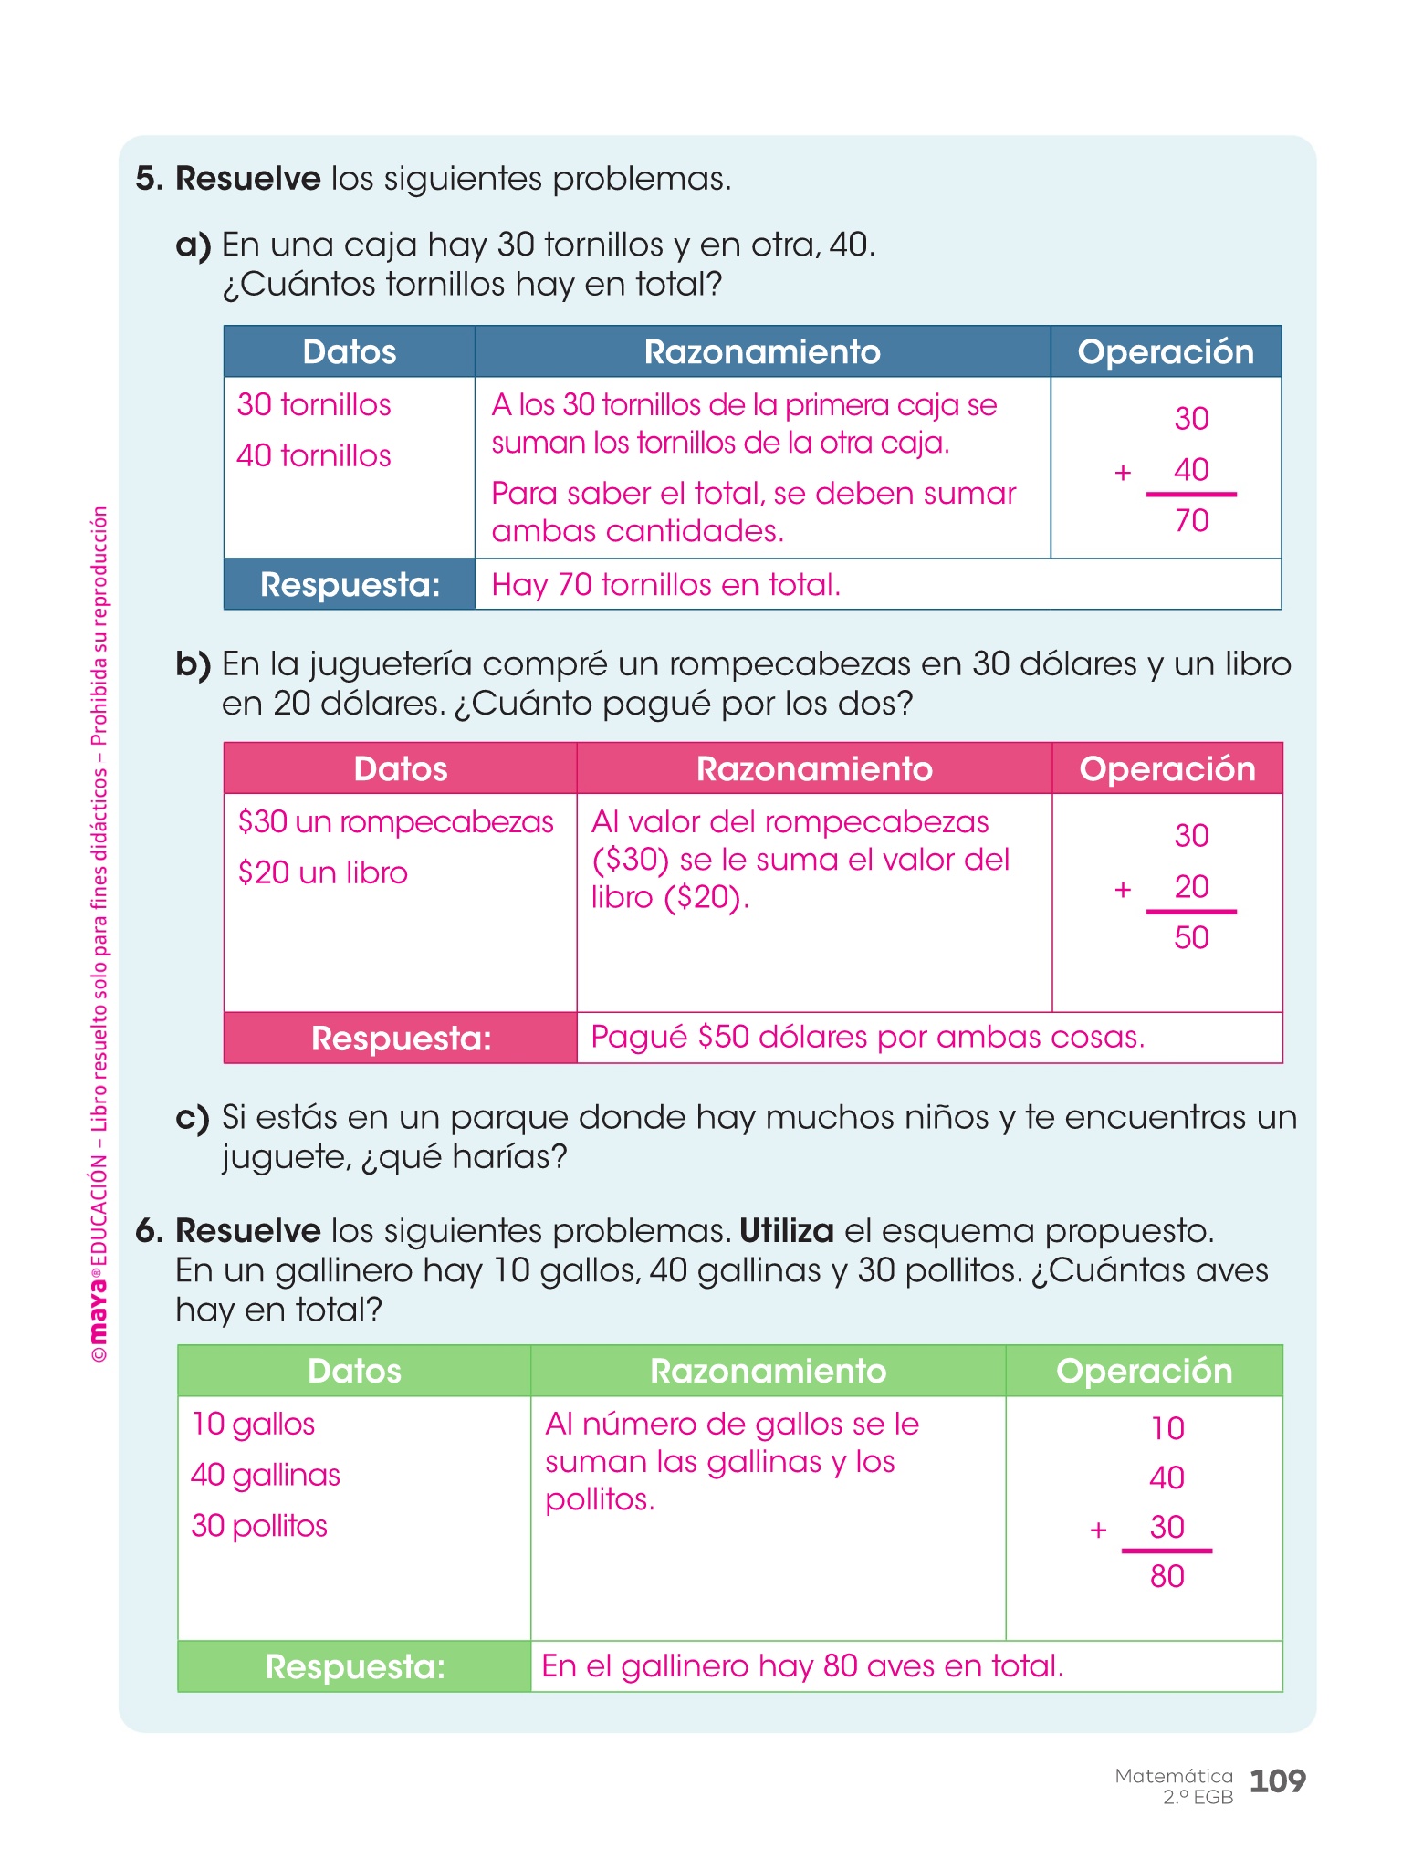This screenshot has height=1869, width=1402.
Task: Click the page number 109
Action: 1277,1780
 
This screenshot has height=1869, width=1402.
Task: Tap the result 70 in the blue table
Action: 1191,521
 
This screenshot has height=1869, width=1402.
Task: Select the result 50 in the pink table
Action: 1191,938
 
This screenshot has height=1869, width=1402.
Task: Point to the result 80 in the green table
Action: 1167,1577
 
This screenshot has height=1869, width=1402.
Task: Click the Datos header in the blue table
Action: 350,352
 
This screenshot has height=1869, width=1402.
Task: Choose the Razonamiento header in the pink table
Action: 814,769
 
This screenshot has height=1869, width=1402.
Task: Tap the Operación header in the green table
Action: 1144,1372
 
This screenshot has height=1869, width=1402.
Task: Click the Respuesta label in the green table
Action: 355,1667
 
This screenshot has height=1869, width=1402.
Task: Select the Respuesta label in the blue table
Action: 350,585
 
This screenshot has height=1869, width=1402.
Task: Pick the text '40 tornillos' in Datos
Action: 314,455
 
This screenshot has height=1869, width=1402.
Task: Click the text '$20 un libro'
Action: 323,873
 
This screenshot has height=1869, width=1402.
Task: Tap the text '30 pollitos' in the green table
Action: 259,1526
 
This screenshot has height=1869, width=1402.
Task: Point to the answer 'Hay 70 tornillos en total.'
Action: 665,585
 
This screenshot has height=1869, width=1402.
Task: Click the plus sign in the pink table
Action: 1123,889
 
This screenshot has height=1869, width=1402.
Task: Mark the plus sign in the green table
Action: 1099,1530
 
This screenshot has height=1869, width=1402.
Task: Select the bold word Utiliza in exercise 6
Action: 786,1231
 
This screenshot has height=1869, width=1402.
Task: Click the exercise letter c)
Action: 193,1119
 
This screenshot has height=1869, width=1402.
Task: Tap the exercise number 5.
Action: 149,179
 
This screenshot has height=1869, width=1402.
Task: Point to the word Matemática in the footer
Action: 1173,1776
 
